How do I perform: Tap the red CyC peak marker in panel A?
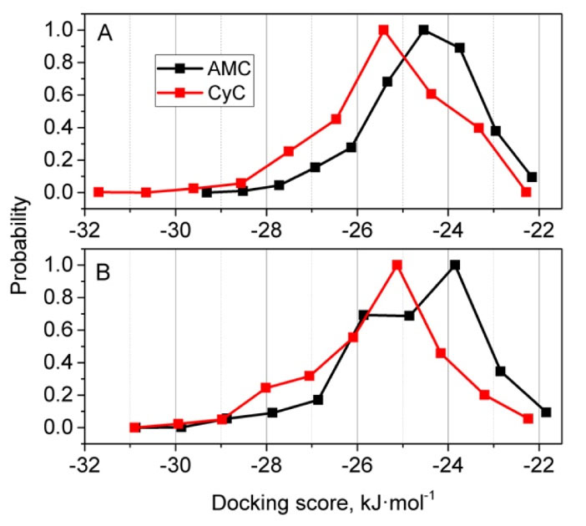click(384, 30)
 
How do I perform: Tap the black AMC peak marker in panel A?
click(424, 30)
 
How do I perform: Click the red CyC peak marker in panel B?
click(397, 266)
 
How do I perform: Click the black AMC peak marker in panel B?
click(455, 266)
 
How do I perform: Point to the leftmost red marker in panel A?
click(99, 192)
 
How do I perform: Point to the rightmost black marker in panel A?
click(532, 177)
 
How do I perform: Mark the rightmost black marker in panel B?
click(546, 412)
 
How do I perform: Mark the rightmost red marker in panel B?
click(528, 418)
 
